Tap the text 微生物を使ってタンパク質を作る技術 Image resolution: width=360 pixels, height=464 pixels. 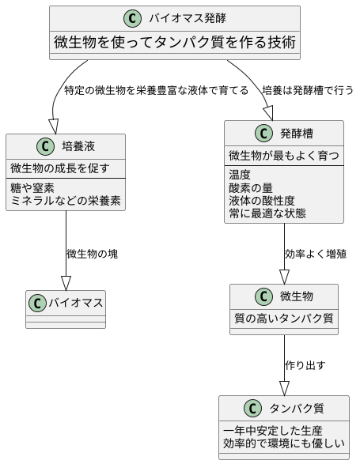175,42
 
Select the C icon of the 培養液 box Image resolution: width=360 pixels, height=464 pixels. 45,146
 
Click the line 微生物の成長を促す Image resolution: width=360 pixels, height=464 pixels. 59,168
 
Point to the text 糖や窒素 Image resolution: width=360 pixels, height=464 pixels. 32,187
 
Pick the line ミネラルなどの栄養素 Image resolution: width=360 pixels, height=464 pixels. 66,201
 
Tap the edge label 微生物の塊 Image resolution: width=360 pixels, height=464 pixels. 93,254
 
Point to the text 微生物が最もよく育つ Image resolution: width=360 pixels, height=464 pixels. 284,154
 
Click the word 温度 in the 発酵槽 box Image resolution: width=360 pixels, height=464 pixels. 240,174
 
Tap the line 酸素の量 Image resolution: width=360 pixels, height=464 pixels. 251,187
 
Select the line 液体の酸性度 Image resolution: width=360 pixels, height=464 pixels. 262,201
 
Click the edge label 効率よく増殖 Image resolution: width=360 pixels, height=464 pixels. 315,254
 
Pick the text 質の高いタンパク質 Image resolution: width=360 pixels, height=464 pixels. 284,319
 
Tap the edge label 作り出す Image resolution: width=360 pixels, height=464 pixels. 305,365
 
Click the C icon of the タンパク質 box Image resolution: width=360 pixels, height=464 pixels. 252,409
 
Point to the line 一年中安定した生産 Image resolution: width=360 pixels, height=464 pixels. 273,431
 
